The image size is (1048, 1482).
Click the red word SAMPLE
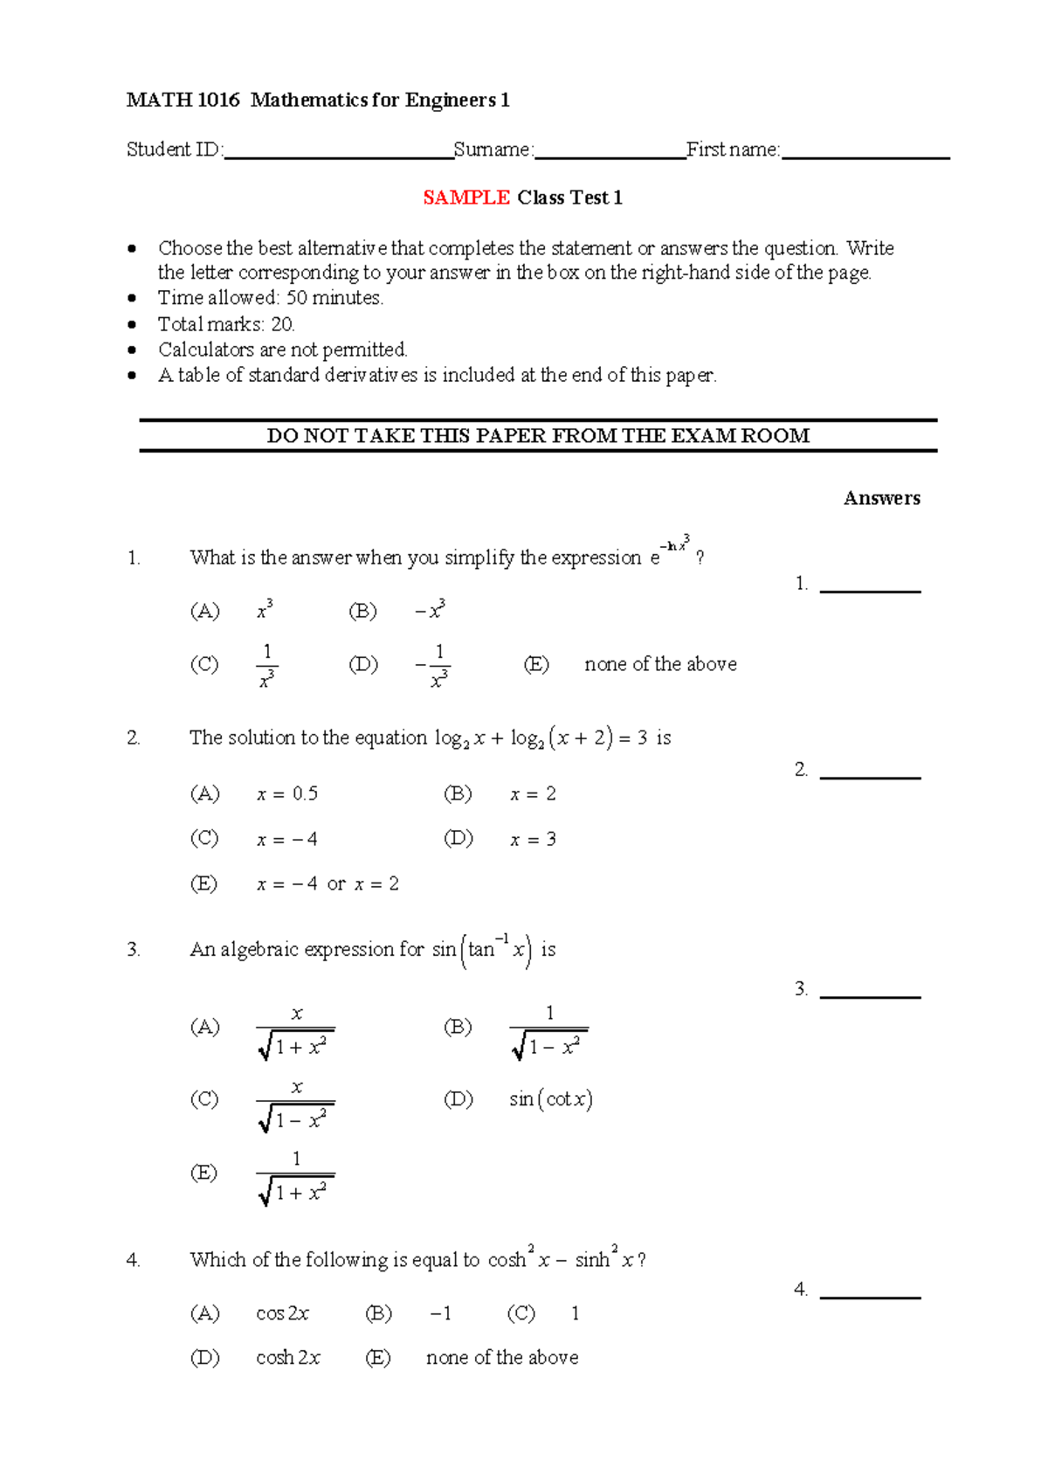(466, 198)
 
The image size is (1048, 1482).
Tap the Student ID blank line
(339, 156)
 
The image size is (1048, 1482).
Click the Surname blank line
(610, 156)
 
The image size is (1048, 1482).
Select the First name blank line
(865, 156)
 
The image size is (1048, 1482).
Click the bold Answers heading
(881, 499)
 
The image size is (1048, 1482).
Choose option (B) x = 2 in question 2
(533, 794)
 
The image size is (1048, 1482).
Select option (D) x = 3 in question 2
(533, 840)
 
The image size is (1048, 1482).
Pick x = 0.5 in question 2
(287, 794)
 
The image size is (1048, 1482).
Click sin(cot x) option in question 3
(551, 1099)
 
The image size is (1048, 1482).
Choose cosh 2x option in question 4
(288, 1358)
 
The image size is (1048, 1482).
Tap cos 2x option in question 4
(282, 1313)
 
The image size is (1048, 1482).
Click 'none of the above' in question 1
(660, 665)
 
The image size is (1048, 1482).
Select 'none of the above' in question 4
(502, 1358)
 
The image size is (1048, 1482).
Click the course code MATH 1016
(183, 100)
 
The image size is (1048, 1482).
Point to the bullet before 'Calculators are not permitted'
(132, 350)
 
